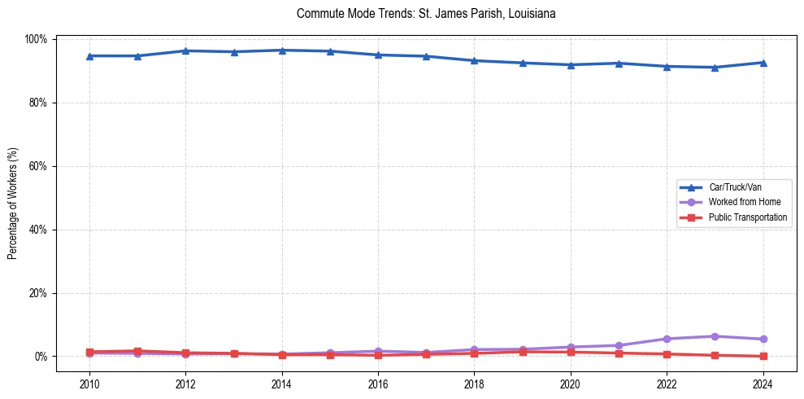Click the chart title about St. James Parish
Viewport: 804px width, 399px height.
click(426, 14)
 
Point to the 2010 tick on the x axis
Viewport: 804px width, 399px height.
click(89, 382)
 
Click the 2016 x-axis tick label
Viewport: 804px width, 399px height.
click(378, 382)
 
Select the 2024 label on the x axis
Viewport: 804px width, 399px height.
click(763, 382)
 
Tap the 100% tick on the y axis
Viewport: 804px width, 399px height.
click(37, 39)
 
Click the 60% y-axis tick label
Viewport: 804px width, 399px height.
click(38, 166)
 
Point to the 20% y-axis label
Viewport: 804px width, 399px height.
click(38, 293)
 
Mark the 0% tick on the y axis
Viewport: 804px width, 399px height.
click(41, 357)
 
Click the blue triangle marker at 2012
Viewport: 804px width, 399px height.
click(186, 50)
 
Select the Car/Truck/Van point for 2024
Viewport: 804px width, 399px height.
click(763, 63)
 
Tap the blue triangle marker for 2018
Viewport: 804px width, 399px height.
click(474, 60)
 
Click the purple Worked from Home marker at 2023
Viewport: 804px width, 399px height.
click(715, 336)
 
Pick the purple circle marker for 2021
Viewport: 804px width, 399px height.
click(619, 345)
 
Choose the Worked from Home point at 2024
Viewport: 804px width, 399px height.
click(763, 339)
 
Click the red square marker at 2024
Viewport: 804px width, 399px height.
click(763, 356)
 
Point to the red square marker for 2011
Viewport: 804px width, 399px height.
click(137, 351)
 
